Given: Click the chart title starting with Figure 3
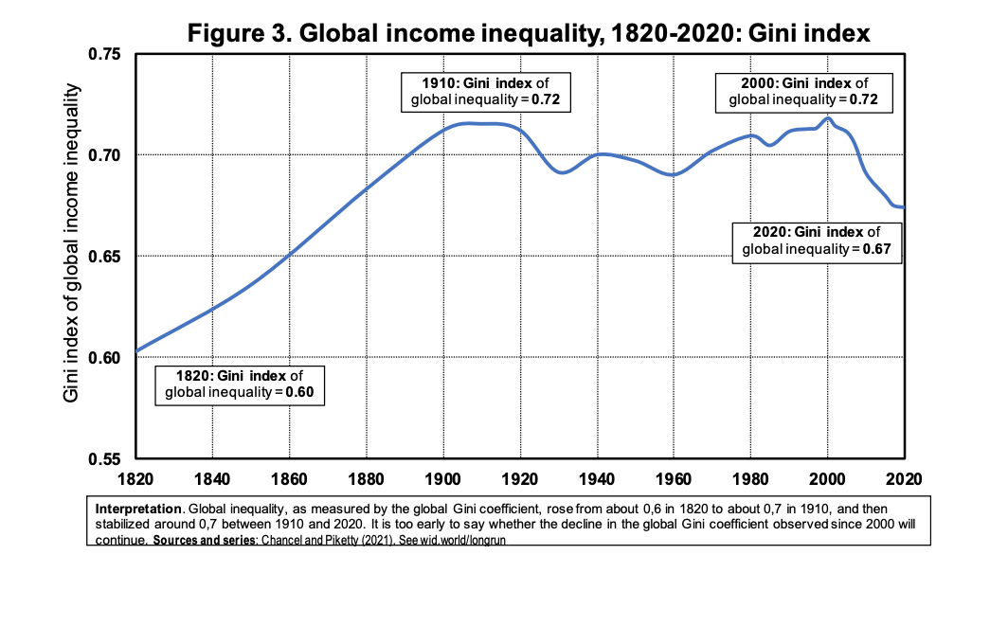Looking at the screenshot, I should (529, 33).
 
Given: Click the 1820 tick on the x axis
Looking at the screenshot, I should (135, 477).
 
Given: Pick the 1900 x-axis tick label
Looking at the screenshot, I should (442, 477).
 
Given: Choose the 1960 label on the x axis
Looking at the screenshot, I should (673, 477).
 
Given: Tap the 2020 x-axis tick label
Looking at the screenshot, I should (904, 477).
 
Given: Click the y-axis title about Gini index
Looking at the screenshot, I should (72, 242).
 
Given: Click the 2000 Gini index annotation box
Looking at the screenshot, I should (803, 91).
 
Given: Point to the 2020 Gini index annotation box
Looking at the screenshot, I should (817, 241).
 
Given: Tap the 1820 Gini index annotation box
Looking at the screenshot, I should (239, 384).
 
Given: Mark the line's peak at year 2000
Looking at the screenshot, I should (827, 118).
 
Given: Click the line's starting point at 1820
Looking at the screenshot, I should (136, 351).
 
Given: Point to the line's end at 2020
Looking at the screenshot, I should (905, 207).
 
